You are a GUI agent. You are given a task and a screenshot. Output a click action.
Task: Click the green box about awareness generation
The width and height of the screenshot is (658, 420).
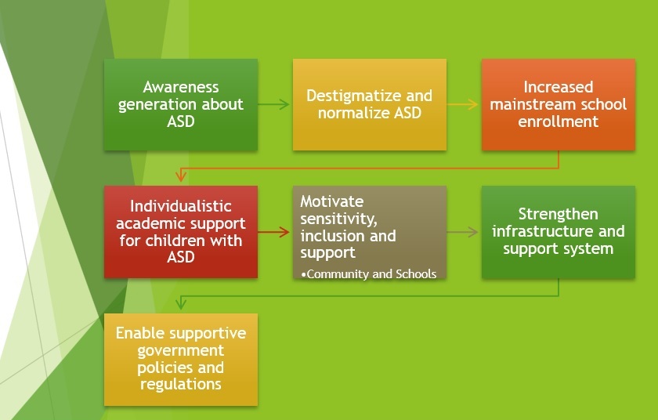181,104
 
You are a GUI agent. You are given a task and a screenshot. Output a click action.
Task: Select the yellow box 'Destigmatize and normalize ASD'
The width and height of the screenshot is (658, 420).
369,104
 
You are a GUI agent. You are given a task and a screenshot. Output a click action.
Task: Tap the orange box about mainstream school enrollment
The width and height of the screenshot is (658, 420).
558,104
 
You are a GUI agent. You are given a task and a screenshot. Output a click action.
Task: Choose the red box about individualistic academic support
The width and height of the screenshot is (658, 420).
181,232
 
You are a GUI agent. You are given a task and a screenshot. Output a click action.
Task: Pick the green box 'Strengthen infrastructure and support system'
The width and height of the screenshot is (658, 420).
558,232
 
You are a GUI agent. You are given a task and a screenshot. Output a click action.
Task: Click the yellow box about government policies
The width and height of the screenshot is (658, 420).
181,359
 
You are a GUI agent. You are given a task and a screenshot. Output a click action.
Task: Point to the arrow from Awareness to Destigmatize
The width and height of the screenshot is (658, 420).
273,104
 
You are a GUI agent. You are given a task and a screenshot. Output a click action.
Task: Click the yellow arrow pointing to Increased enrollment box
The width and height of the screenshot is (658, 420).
462,104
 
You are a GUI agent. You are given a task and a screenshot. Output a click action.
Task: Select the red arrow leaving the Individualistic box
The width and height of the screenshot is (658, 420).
273,232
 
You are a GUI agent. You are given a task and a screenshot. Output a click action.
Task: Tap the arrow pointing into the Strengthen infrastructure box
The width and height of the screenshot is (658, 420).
462,232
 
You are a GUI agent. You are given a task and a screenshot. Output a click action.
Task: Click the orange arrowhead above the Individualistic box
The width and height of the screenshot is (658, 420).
181,176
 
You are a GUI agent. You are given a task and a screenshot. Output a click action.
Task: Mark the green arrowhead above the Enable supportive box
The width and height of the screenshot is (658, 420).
181,303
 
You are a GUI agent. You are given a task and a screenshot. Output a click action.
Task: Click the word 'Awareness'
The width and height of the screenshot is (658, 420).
181,87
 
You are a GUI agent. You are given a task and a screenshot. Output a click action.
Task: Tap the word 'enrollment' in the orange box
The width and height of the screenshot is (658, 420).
558,121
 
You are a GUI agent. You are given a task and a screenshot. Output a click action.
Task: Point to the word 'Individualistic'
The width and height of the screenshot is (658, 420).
181,206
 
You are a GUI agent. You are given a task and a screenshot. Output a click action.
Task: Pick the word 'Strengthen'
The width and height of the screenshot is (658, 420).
558,214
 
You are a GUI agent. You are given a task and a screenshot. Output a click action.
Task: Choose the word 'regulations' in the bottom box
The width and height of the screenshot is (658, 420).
181,384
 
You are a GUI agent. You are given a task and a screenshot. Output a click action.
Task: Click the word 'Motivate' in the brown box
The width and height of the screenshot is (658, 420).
332,201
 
